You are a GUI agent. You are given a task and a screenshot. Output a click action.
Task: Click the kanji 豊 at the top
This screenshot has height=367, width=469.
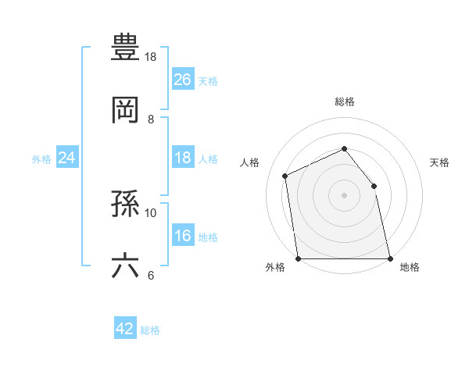(126, 48)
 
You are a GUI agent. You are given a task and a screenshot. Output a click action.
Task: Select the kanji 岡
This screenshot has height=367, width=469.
(126, 109)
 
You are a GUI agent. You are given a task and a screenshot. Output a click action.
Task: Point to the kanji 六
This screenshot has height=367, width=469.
(126, 265)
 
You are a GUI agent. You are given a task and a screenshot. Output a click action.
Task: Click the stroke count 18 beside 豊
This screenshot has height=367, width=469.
(150, 57)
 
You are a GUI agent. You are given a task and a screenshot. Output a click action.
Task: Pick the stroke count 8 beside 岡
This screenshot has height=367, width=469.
(151, 119)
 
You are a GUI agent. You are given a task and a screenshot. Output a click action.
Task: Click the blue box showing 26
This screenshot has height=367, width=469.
(183, 80)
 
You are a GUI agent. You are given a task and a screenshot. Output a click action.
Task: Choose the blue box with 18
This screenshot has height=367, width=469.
(183, 159)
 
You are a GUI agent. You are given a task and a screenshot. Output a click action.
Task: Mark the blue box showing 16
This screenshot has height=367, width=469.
(183, 236)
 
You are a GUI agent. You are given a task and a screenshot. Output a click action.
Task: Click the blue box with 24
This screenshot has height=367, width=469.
(67, 159)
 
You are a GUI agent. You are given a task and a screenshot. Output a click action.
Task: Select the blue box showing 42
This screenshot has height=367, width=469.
(125, 330)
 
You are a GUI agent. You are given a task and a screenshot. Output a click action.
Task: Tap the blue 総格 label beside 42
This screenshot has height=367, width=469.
(150, 330)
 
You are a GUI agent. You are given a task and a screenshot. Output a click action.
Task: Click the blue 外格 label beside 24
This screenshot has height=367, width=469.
(41, 159)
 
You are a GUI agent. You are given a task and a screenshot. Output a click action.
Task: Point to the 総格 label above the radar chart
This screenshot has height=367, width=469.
(344, 102)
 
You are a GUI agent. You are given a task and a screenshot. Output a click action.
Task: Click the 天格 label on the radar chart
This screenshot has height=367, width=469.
(439, 162)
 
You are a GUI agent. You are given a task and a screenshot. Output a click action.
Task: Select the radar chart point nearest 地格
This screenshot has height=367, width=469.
(389, 258)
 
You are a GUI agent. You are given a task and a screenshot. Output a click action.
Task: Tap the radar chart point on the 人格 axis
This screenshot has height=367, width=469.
(285, 176)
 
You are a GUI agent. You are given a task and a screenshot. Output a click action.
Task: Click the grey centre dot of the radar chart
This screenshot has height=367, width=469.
(344, 195)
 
